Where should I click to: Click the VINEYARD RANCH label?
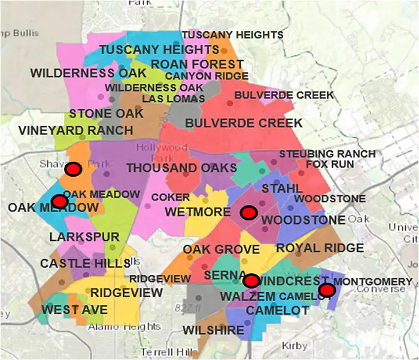point(75,130)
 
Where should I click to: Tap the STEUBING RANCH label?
point(327,154)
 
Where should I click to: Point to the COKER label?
point(171,197)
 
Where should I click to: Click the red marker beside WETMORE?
point(248,212)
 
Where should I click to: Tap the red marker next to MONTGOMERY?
point(326,291)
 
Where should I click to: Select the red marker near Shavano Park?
point(74,170)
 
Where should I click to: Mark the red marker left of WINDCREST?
point(251,280)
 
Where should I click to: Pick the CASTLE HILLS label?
point(85,264)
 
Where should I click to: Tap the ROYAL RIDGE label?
point(320,248)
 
